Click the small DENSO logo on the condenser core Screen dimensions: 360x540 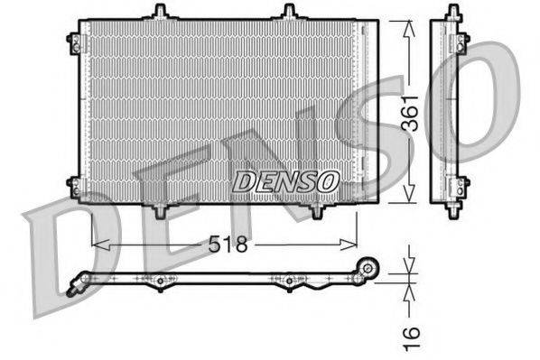285,181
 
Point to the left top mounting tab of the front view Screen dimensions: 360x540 160,12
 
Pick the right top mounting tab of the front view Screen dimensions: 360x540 289,12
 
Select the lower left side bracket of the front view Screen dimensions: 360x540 73,186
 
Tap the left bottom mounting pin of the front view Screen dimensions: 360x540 161,211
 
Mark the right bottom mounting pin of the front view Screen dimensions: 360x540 318,211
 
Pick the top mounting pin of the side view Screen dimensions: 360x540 450,12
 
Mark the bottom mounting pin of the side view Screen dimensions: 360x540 450,211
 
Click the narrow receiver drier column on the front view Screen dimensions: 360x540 367,113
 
